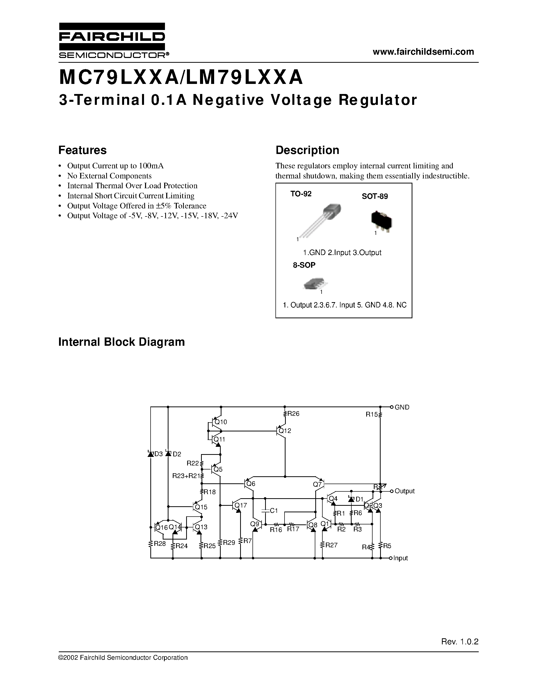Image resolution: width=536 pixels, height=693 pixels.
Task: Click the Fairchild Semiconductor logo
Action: coord(112,40)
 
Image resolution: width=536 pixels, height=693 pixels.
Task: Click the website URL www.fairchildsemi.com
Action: coord(423,52)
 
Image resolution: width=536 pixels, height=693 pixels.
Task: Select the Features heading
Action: coord(82,150)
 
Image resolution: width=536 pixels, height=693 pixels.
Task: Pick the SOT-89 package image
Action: coord(381,219)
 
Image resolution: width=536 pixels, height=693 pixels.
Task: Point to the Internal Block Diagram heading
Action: coord(121,342)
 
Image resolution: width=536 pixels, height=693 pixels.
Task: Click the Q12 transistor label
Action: coord(285,431)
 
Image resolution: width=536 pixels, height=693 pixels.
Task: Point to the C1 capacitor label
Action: coord(273,511)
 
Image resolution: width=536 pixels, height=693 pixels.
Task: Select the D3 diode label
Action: coord(158,454)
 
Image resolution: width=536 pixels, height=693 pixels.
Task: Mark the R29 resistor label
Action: coord(229,543)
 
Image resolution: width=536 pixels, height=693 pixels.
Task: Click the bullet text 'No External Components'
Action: coord(109,176)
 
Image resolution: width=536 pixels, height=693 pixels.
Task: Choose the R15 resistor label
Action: coord(372,414)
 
